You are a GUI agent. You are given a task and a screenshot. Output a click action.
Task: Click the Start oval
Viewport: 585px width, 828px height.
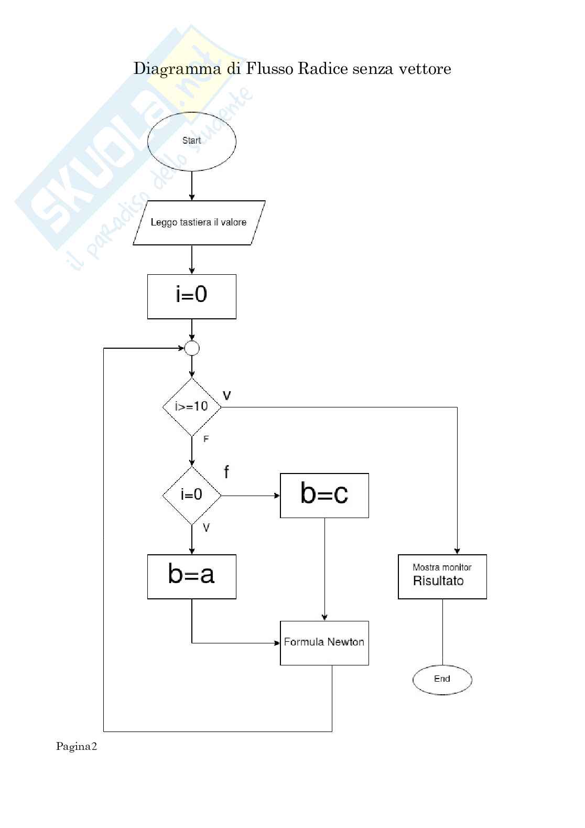coord(192,141)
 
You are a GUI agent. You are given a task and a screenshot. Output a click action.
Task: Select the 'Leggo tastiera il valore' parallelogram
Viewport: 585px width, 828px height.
coord(199,222)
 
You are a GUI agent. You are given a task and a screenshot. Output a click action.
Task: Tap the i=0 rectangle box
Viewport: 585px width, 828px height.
coord(192,296)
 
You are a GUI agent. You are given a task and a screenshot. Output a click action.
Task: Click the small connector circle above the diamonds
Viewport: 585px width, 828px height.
coord(192,348)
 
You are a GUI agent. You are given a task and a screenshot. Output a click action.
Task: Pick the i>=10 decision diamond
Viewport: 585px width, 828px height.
coord(192,406)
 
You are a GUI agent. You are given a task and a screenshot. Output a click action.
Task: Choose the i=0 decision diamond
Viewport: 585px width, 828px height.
coord(192,495)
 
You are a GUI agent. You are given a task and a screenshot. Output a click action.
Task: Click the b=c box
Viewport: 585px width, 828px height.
coord(324,495)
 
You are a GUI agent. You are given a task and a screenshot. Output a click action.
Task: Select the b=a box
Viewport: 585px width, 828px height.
coord(192,576)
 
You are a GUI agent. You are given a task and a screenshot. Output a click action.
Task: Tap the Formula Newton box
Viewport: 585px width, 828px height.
coord(324,643)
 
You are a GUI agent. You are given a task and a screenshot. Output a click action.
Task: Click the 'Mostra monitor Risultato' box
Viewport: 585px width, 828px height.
coord(442,576)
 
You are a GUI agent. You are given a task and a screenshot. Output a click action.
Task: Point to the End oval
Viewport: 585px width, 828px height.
coord(442,679)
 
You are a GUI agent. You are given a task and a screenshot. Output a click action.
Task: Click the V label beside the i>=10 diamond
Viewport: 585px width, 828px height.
coord(226,395)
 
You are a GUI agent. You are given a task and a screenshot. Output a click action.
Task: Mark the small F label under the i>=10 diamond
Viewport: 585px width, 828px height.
coord(206,439)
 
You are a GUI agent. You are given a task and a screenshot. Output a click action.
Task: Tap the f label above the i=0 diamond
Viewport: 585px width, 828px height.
coord(226,472)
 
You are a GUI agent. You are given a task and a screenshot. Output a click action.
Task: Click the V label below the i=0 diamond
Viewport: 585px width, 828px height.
coord(206,528)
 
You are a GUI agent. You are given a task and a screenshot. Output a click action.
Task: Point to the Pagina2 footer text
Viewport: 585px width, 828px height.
coord(77,747)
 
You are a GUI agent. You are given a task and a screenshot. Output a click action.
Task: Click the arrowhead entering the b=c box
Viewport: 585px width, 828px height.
coord(277,496)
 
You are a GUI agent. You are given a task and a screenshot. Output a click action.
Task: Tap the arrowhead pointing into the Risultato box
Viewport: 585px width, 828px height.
coord(457,551)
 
